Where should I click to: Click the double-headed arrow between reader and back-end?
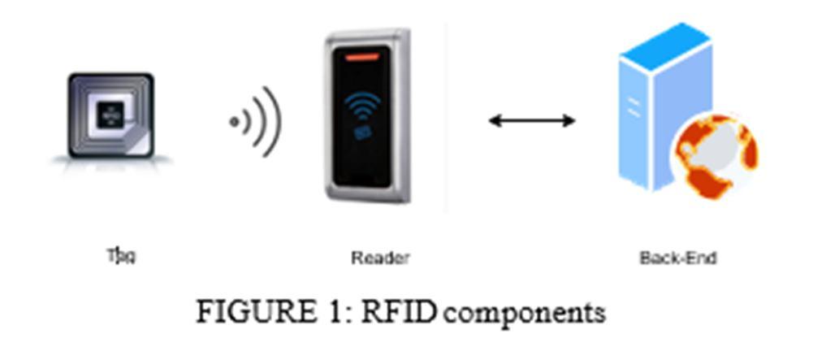click(x=531, y=121)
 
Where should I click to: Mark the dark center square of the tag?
click(x=110, y=115)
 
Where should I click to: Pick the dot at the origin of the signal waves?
click(x=234, y=122)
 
